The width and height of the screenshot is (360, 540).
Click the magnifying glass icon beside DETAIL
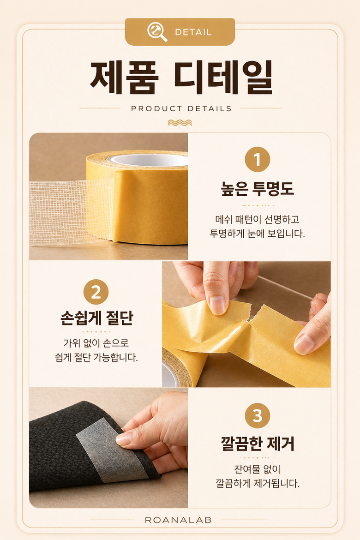tap(157, 32)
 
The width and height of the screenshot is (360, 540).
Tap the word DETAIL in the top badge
tap(193, 32)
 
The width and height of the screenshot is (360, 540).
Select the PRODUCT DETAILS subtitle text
tap(181, 108)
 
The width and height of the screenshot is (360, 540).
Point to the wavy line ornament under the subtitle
tap(180, 123)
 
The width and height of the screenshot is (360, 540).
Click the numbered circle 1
tap(258, 159)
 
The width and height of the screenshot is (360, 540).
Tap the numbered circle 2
tap(96, 292)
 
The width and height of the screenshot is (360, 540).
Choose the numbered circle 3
tap(258, 416)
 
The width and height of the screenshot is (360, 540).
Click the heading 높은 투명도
tap(258, 188)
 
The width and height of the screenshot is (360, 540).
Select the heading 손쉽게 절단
tap(96, 318)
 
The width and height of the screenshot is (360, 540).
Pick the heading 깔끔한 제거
tap(258, 444)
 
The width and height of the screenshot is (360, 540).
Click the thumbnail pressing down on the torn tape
tap(218, 305)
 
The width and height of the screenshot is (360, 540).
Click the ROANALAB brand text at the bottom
tap(178, 520)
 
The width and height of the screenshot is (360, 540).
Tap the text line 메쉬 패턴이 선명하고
tap(258, 219)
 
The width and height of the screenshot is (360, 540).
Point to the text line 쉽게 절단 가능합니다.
tap(96, 358)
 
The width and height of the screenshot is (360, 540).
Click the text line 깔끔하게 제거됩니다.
tap(258, 484)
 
